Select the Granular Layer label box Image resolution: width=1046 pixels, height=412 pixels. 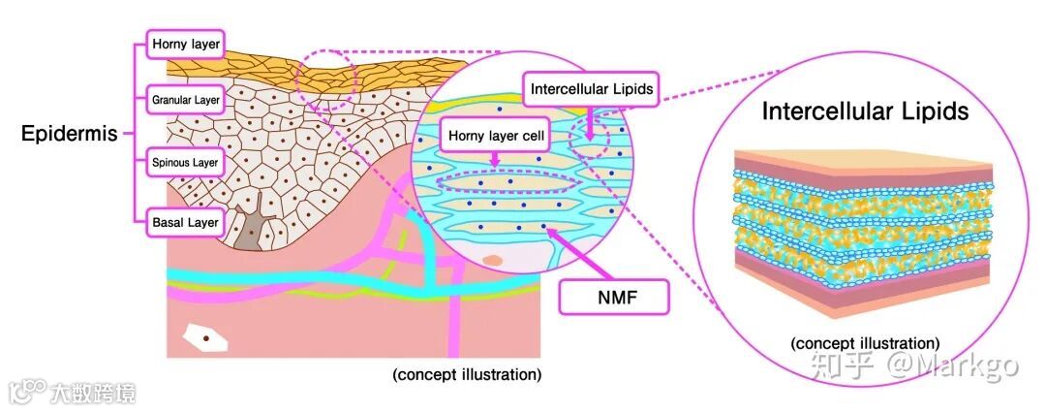pos(186,99)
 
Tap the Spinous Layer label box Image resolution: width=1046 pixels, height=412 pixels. pos(186,162)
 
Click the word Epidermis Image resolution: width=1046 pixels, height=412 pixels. pos(69,134)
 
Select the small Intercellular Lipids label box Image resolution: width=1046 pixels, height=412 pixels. pos(592,89)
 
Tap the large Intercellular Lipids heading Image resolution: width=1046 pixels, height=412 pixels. pos(865,111)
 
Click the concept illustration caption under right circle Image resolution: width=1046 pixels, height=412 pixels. pos(864,343)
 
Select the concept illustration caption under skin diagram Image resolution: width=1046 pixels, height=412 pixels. pos(467,374)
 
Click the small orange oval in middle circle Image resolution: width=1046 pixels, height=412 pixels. pos(494,260)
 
